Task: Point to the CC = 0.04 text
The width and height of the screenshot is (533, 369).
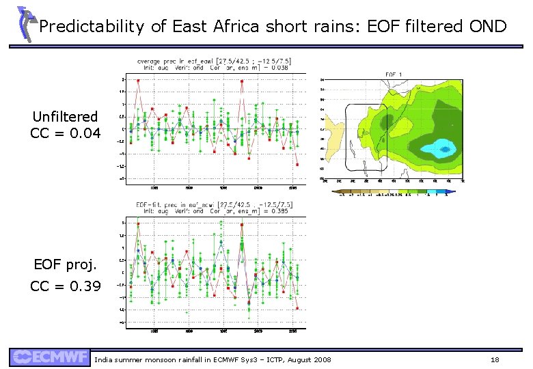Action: (x=66, y=133)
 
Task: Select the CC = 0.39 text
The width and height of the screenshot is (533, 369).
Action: (x=66, y=286)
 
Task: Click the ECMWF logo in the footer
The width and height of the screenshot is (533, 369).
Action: (x=49, y=357)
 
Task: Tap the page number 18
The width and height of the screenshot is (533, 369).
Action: (x=495, y=359)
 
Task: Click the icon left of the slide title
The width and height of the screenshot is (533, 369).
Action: (x=25, y=24)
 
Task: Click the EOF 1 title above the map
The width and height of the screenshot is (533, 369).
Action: (x=394, y=74)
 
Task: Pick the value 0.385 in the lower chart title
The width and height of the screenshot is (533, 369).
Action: (x=279, y=211)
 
